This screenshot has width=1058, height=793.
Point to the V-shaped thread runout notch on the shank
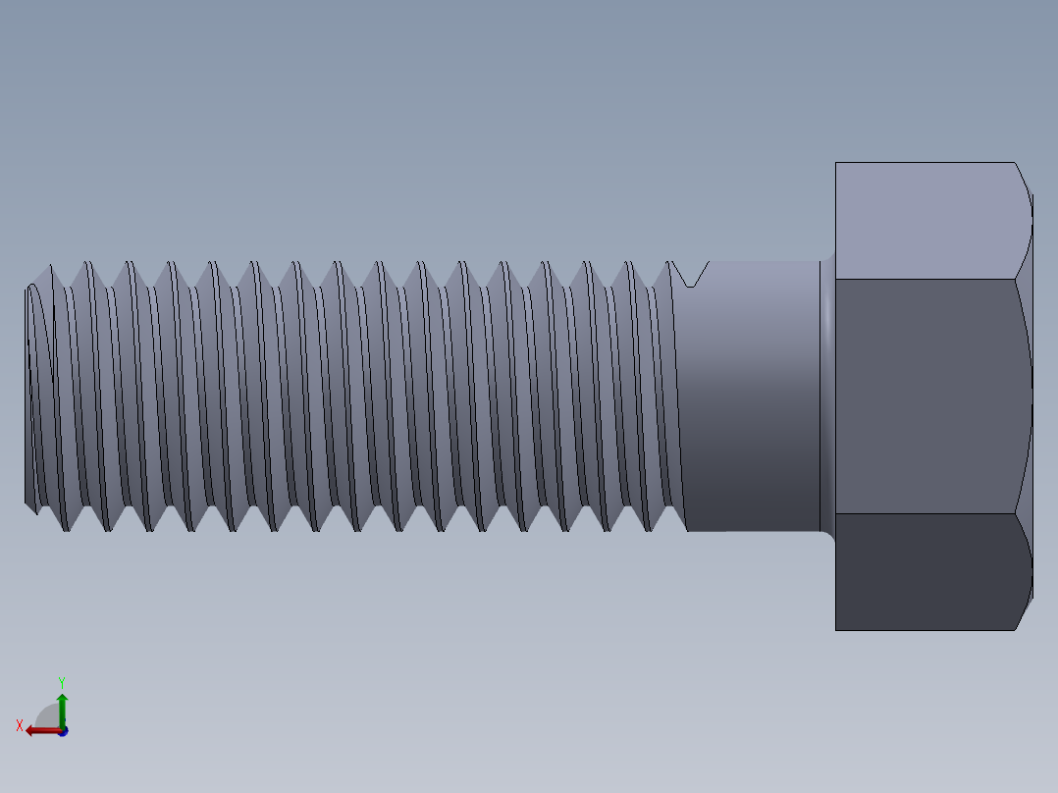(693, 274)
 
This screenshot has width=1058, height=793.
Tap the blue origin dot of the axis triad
(63, 731)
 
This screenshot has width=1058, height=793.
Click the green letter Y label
(61, 682)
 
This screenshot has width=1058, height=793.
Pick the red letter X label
(19, 725)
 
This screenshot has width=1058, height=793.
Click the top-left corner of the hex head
(836, 163)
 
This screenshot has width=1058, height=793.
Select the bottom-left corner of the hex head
(836, 629)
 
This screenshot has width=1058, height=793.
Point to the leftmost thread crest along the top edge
(49, 264)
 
